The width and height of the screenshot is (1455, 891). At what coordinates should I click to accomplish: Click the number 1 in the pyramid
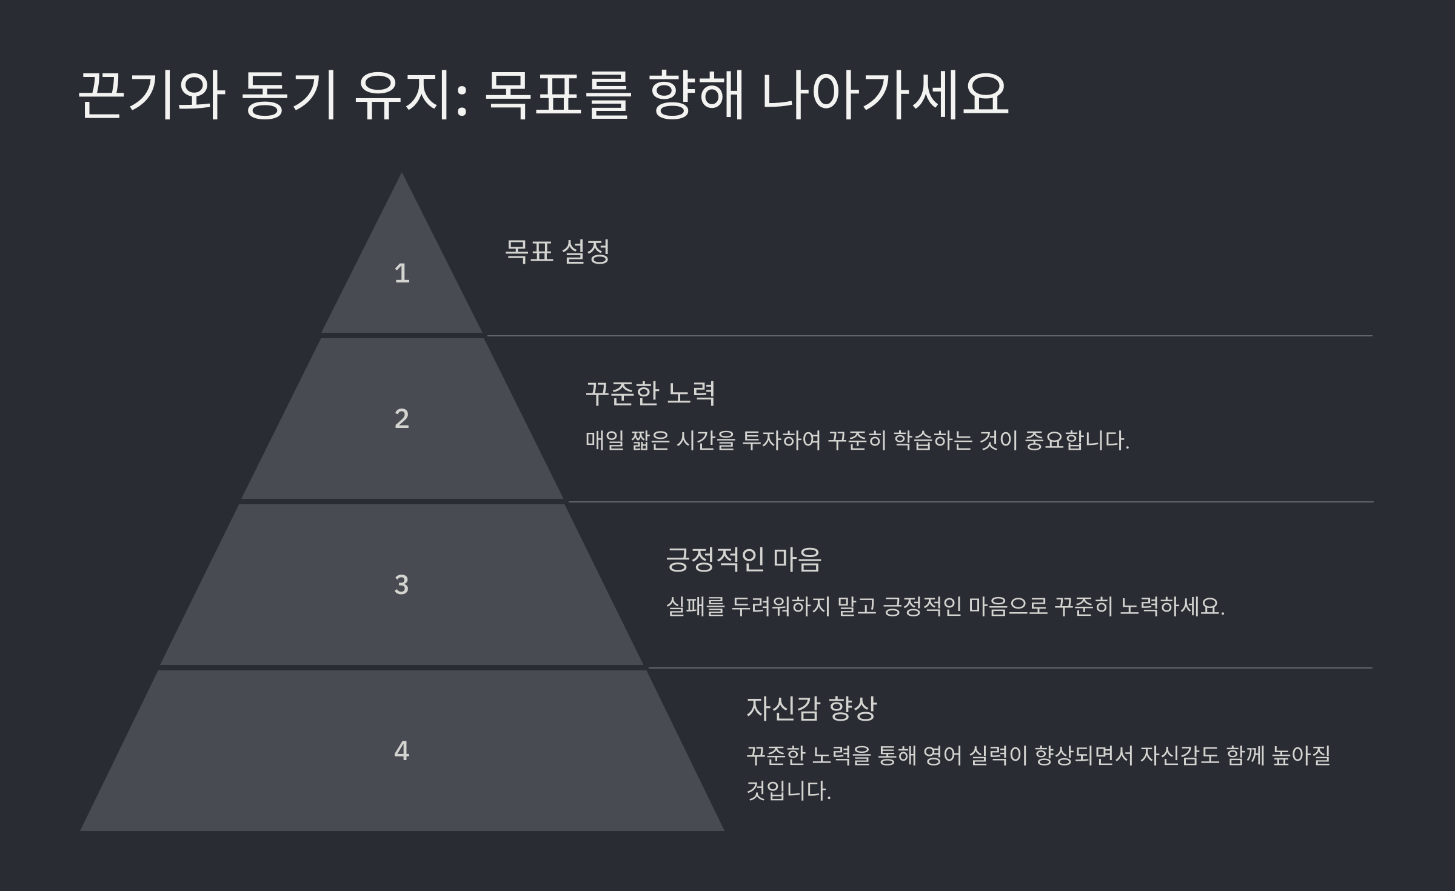pyautogui.click(x=402, y=273)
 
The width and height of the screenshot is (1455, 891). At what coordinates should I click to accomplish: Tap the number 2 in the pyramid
pyautogui.click(x=402, y=419)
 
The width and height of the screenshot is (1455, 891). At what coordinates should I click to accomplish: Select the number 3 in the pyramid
pyautogui.click(x=401, y=585)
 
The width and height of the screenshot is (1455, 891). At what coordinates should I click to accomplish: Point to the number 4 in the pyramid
pyautogui.click(x=401, y=751)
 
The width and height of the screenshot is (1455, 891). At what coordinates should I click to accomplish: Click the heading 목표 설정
pyautogui.click(x=557, y=251)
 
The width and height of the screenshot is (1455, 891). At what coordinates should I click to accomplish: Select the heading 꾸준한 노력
pyautogui.click(x=650, y=393)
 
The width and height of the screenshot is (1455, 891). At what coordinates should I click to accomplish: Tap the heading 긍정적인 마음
pyautogui.click(x=743, y=559)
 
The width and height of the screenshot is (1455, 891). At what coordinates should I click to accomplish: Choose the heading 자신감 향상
pyautogui.click(x=811, y=708)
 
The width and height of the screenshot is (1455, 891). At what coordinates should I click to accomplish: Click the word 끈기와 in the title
pyautogui.click(x=152, y=95)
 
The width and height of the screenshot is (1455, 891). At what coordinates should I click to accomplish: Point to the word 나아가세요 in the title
pyautogui.click(x=885, y=95)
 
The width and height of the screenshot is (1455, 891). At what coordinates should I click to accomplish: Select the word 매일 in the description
pyautogui.click(x=604, y=441)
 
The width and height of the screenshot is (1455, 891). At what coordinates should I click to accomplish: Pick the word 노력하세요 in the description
pyautogui.click(x=1171, y=607)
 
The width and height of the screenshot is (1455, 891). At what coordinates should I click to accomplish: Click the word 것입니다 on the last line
pyautogui.click(x=788, y=791)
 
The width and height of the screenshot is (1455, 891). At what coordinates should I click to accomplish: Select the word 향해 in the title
pyautogui.click(x=696, y=95)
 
